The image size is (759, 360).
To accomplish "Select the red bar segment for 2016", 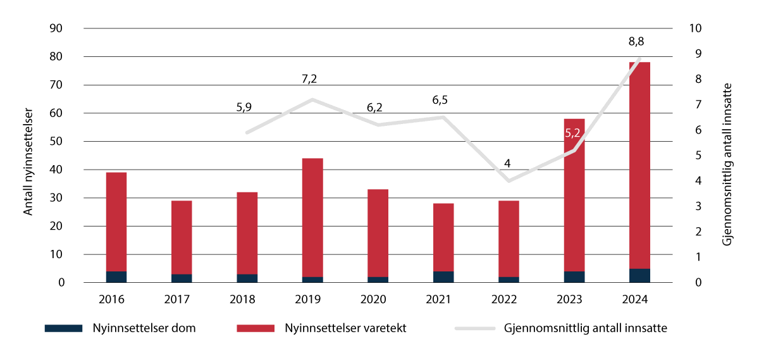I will click(x=116, y=221).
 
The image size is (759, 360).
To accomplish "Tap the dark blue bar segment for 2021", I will click(x=443, y=277).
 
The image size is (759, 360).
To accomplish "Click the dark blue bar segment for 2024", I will click(x=639, y=276).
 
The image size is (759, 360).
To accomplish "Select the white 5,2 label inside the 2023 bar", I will click(x=574, y=133).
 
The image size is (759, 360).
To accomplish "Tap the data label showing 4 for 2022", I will click(x=507, y=163).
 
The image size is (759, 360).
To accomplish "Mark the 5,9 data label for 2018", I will click(x=244, y=108).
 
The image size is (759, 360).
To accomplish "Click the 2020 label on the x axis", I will click(x=378, y=299).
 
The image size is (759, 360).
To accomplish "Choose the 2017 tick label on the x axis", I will click(x=182, y=299).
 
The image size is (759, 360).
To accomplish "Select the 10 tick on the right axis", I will click(x=696, y=28).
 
